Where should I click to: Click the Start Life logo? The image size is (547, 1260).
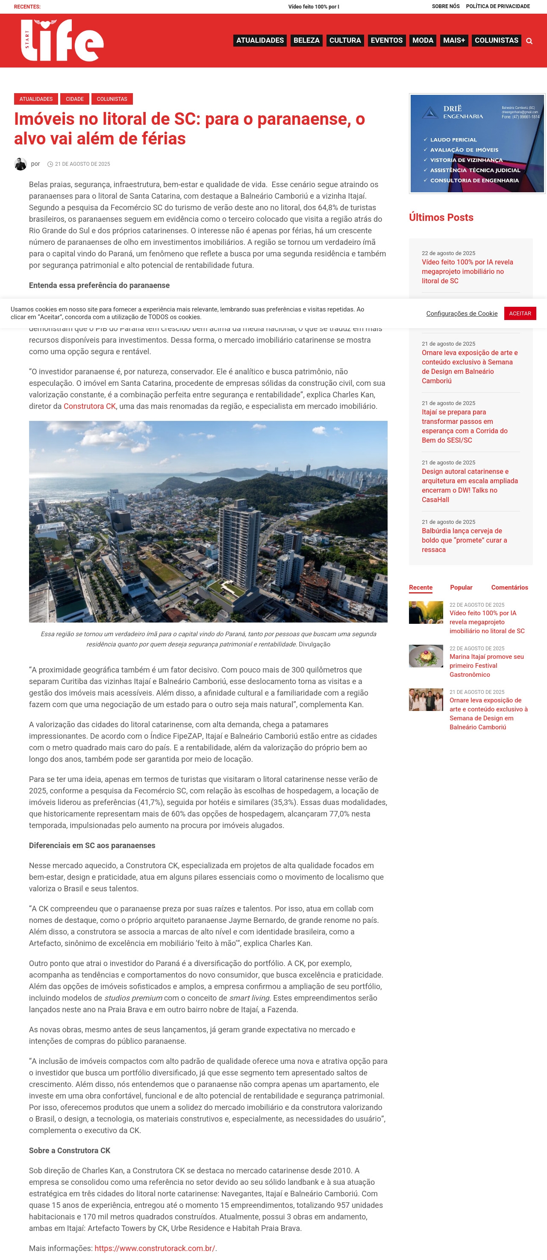pyautogui.click(x=62, y=40)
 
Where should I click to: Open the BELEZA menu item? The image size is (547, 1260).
pyautogui.click(x=306, y=40)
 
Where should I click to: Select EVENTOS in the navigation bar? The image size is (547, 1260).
pyautogui.click(x=386, y=40)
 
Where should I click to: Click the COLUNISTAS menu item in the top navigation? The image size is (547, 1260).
pyautogui.click(x=496, y=40)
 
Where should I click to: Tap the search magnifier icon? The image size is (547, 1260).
pyautogui.click(x=529, y=41)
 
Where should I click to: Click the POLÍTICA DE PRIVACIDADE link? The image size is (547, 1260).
pyautogui.click(x=497, y=6)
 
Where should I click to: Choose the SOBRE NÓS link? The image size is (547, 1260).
pyautogui.click(x=445, y=6)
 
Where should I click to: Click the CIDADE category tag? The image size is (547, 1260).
pyautogui.click(x=75, y=99)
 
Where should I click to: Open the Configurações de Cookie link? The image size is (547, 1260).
pyautogui.click(x=462, y=314)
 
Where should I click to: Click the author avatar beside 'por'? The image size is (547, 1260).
pyautogui.click(x=21, y=164)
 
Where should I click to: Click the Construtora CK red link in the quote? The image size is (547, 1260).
pyautogui.click(x=90, y=406)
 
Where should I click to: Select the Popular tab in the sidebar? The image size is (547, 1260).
pyautogui.click(x=461, y=587)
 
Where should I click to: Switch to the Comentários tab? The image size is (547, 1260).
pyautogui.click(x=509, y=587)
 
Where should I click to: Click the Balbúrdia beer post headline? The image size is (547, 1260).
pyautogui.click(x=464, y=540)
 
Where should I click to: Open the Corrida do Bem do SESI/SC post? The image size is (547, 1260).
pyautogui.click(x=465, y=426)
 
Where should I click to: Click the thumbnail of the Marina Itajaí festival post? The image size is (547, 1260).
pyautogui.click(x=426, y=656)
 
